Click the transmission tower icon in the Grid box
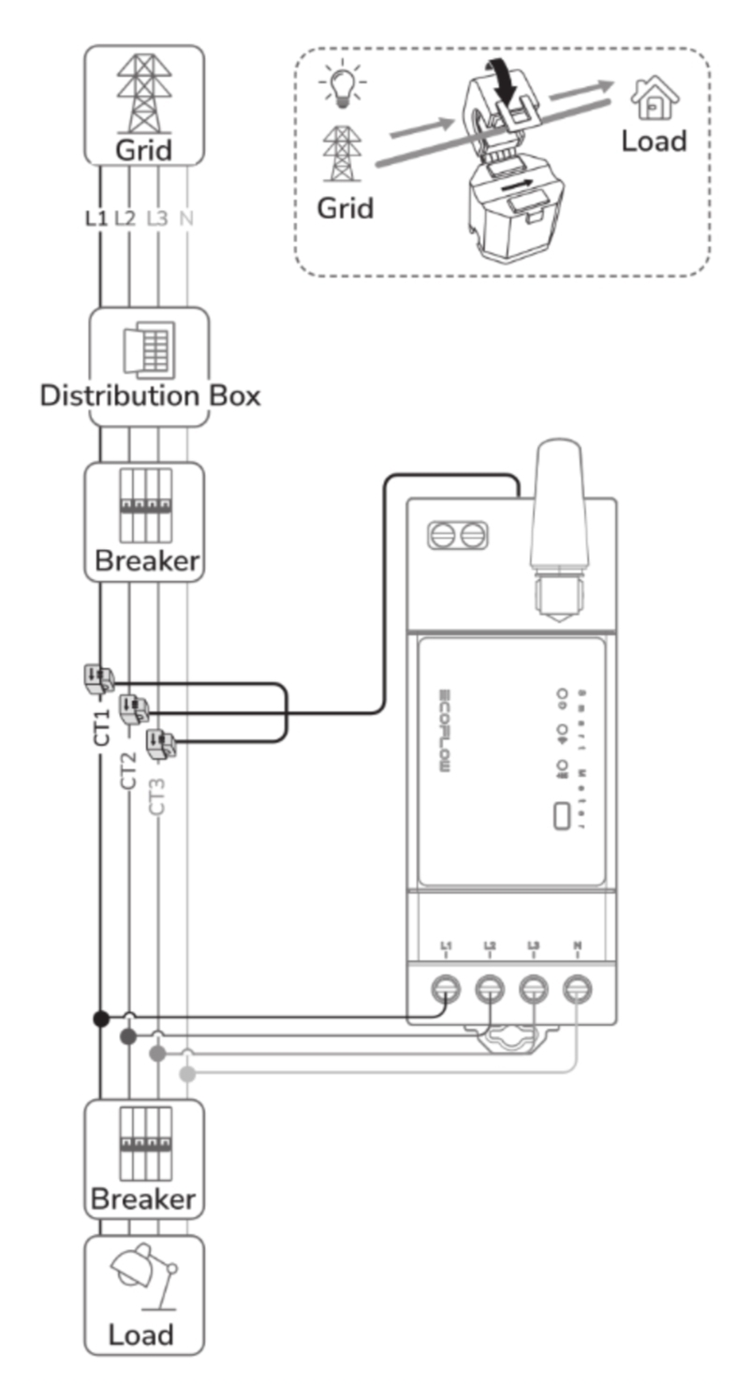pyautogui.click(x=144, y=93)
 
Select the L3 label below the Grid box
pyautogui.click(x=158, y=218)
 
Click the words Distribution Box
pyautogui.click(x=150, y=395)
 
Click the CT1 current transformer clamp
pyautogui.click(x=96, y=680)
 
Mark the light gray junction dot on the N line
pyautogui.click(x=187, y=1074)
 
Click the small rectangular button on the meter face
pyautogui.click(x=564, y=815)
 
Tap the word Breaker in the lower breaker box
pyautogui.click(x=143, y=1199)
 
